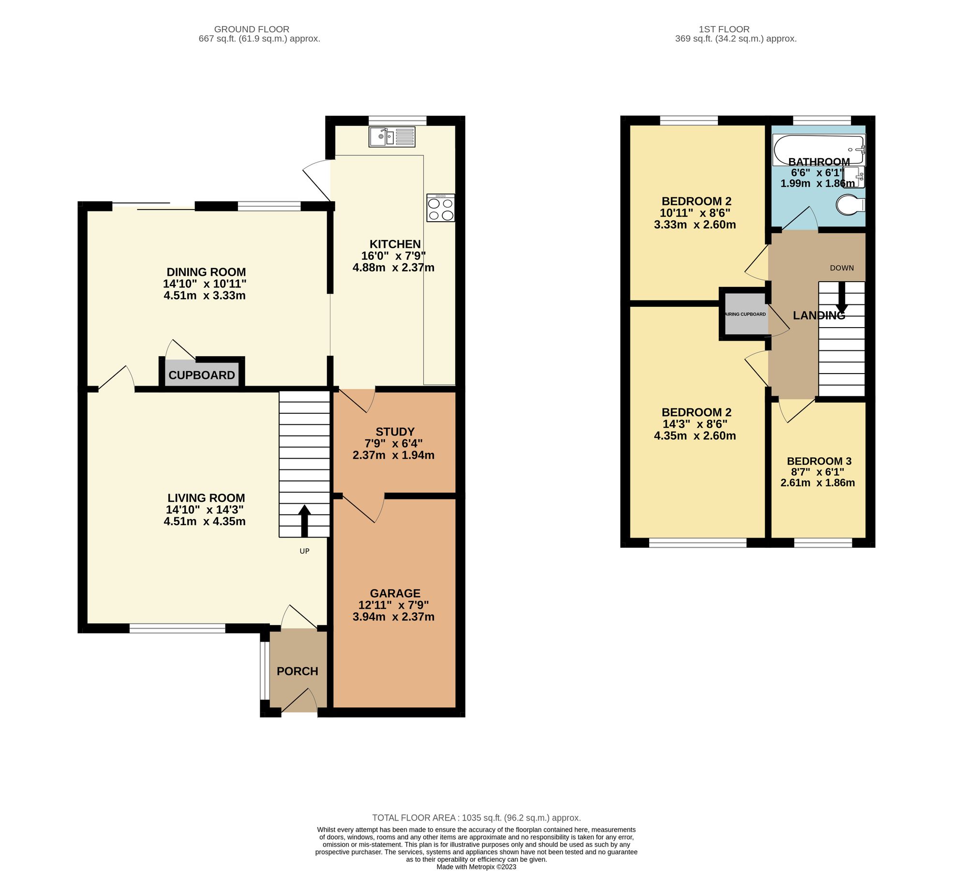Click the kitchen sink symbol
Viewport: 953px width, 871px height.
click(392, 136)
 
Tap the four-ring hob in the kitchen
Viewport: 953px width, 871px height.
click(440, 208)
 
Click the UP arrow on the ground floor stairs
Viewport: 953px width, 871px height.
click(304, 521)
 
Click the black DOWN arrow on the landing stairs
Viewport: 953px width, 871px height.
click(841, 297)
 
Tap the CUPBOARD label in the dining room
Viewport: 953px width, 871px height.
click(202, 375)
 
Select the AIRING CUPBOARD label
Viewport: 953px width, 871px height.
click(745, 314)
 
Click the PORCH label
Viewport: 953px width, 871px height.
click(297, 671)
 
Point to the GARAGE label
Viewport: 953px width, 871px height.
click(395, 593)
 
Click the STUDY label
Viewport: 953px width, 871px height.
click(395, 431)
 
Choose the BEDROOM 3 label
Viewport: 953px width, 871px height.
click(819, 461)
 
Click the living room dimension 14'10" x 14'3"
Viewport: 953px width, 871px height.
click(204, 510)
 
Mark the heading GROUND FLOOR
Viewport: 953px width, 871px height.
click(252, 30)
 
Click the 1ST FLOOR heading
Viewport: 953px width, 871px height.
click(724, 30)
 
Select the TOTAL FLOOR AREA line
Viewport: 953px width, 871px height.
click(476, 818)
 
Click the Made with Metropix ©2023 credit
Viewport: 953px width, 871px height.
click(476, 867)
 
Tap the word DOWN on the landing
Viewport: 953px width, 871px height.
click(842, 268)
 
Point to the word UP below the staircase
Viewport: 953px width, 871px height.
click(304, 551)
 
